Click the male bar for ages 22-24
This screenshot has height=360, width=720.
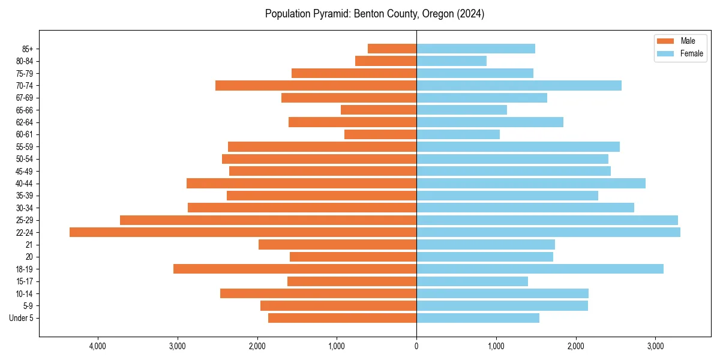[243, 232]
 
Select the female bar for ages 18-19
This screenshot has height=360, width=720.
[540, 269]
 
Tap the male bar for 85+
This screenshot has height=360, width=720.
[392, 49]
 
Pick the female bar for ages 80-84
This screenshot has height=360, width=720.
[451, 61]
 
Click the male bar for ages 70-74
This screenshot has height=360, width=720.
[316, 86]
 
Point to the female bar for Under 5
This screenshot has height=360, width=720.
[478, 318]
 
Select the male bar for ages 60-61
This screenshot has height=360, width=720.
[380, 134]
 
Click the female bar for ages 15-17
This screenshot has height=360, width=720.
[472, 281]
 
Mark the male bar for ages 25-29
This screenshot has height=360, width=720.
[268, 220]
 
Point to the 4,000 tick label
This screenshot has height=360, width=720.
[98, 346]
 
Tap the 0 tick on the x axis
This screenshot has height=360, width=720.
[416, 346]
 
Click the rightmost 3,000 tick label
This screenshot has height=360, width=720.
[655, 346]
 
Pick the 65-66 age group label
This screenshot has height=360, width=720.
[25, 110]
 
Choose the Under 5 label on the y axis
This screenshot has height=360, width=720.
[21, 318]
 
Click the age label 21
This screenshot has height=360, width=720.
[29, 245]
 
